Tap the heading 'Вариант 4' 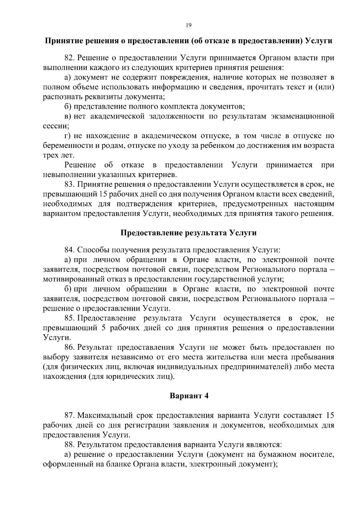(189, 396)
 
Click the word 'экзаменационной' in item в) (303, 116)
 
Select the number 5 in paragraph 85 (103, 328)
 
